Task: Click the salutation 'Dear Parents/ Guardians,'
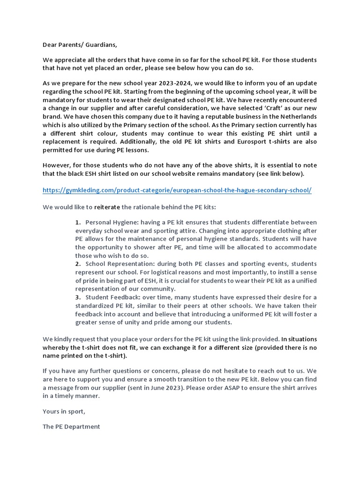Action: point(80,45)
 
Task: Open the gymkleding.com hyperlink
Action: point(177,190)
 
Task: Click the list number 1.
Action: point(78,222)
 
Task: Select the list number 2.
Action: point(78,264)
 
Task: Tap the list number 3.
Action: point(78,297)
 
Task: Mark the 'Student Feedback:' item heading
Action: point(112,297)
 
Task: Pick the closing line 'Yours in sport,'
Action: point(64,411)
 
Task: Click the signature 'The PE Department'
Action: point(71,427)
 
